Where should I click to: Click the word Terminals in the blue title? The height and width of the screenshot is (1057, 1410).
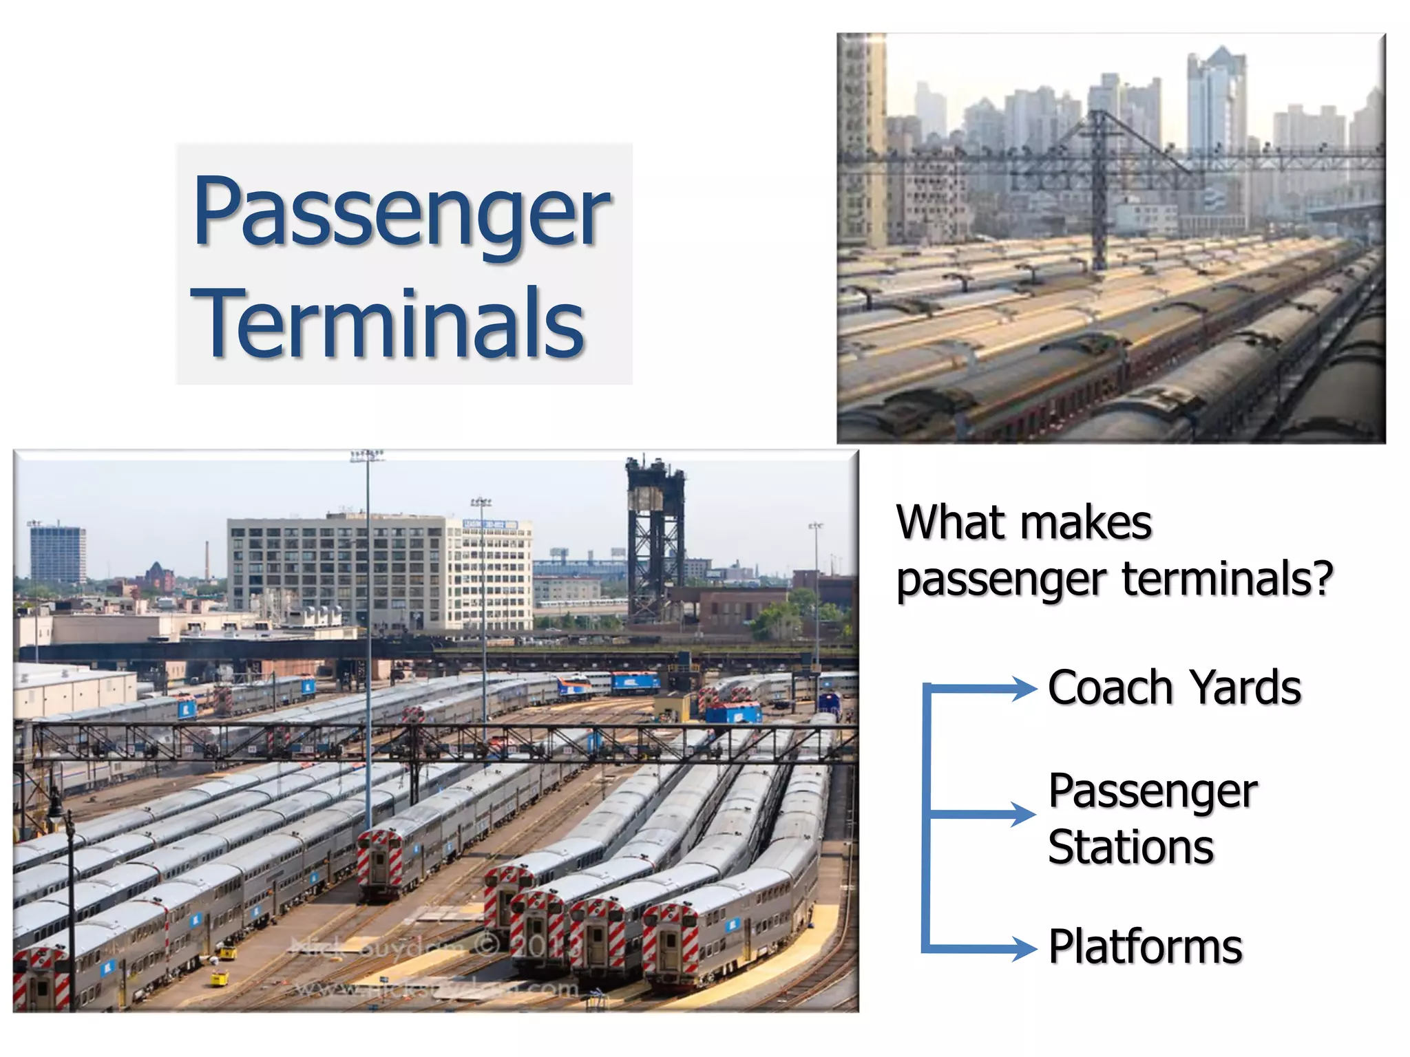tap(390, 323)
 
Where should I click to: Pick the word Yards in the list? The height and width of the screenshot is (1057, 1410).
tap(1245, 687)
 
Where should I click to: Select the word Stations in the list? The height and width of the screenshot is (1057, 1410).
tap(1130, 847)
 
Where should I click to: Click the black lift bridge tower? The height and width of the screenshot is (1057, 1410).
tap(654, 537)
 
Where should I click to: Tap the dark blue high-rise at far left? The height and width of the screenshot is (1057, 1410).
tap(58, 554)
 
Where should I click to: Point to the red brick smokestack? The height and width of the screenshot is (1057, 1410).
tap(207, 561)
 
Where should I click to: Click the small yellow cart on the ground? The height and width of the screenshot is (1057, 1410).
tap(219, 978)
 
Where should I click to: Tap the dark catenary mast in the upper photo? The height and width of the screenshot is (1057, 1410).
tap(1099, 186)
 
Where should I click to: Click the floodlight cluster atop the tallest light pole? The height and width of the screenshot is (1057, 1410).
tap(367, 455)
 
